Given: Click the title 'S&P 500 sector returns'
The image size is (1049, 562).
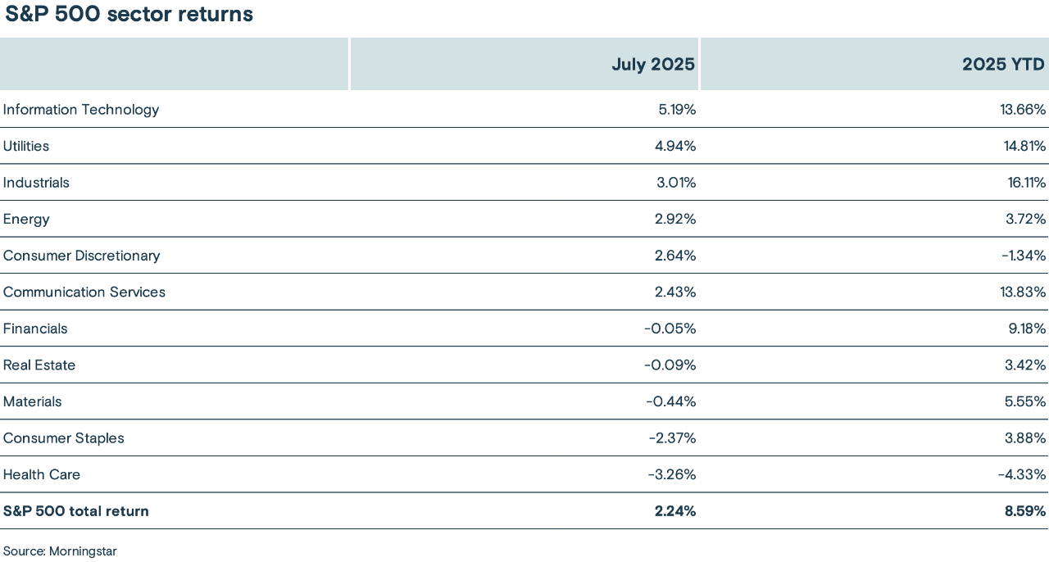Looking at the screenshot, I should pos(129,15).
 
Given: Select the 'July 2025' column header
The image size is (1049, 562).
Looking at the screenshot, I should pos(653,65).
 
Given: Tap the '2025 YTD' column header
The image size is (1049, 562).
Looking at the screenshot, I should pos(1004,65).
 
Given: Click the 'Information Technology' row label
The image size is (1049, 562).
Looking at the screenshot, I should pos(81,110).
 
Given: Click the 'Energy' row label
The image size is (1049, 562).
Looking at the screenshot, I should pos(26,220).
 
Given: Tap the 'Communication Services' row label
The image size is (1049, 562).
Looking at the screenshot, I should pos(84,292).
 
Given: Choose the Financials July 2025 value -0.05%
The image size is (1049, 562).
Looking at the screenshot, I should pos(670,329).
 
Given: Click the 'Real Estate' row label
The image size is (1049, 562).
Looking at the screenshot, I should pos(39,365).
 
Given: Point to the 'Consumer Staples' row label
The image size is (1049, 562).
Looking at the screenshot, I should pos(64,438).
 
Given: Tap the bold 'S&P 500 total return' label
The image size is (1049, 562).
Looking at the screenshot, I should pos(76,511).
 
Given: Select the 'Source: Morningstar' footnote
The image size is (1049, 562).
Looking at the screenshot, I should pos(60,551).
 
